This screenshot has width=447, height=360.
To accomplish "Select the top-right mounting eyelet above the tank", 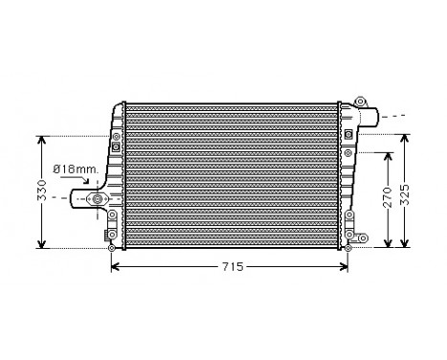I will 360,101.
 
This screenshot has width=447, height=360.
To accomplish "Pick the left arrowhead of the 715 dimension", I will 115,265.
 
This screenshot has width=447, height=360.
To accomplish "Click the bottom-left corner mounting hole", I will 112,248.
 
